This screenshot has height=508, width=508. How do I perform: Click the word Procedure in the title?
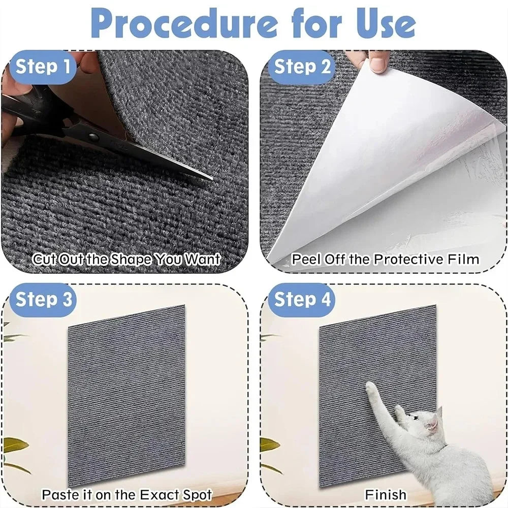coord(184,24)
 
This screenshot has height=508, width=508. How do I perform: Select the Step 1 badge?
coord(43,67)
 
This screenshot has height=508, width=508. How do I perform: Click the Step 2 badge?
coord(302,67)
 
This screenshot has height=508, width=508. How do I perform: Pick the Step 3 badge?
coord(43,299)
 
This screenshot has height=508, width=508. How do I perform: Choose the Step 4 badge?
coord(302,299)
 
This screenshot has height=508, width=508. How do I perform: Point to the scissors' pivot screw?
coord(94,137)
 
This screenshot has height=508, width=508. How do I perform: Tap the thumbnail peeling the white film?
coord(377,65)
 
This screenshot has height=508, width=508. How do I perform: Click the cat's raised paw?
coord(371,387)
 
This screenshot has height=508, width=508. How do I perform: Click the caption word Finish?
coord(386,495)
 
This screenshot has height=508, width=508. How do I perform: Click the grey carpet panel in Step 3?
coord(126,395)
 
